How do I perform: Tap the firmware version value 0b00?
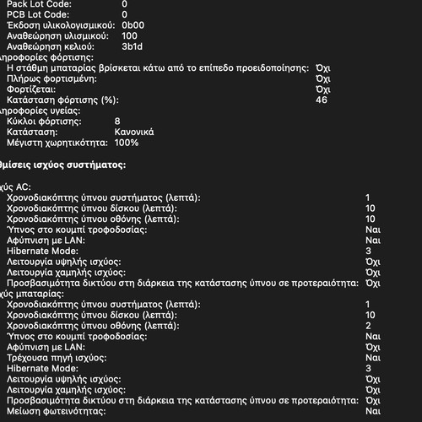pyautogui.click(x=133, y=25)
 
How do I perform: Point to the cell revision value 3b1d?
pyautogui.click(x=132, y=47)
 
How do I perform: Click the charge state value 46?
pyautogui.click(x=321, y=100)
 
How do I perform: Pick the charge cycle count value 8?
pyautogui.click(x=117, y=122)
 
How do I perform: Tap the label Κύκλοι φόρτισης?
pyautogui.click(x=39, y=122)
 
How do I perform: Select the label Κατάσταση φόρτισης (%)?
pyautogui.click(x=61, y=100)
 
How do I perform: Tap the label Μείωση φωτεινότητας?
pyautogui.click(x=57, y=411)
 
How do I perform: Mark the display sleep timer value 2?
pyautogui.click(x=368, y=325)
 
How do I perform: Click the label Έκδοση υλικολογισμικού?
pyautogui.click(x=60, y=25)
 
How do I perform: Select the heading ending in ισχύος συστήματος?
pyautogui.click(x=63, y=165)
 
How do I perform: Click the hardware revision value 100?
pyautogui.click(x=129, y=36)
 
